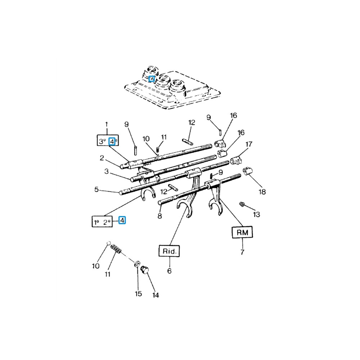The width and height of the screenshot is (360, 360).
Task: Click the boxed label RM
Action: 242,232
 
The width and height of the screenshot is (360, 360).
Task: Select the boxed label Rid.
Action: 169,251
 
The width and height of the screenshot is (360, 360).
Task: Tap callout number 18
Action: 262,192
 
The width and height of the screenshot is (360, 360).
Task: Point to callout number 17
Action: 249,144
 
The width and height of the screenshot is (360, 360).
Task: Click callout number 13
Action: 256,215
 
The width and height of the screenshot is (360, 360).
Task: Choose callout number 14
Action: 156,295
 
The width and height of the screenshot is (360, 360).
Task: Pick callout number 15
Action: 139,294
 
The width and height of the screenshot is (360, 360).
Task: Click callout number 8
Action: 159,216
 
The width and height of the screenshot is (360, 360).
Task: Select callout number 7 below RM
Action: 242,252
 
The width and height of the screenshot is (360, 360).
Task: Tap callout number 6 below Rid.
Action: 169,271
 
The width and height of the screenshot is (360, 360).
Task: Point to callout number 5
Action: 96,189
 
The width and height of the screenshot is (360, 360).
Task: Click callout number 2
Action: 102,158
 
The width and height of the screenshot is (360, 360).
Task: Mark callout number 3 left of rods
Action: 106,171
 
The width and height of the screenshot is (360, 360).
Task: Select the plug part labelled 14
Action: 145,269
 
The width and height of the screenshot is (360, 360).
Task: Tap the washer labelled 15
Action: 137,264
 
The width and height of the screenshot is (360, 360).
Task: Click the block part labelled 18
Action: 248,171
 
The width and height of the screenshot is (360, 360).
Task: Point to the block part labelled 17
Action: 235,160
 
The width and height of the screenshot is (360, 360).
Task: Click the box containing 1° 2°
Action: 102,221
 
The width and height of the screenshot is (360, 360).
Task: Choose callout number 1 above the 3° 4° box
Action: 106,125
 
